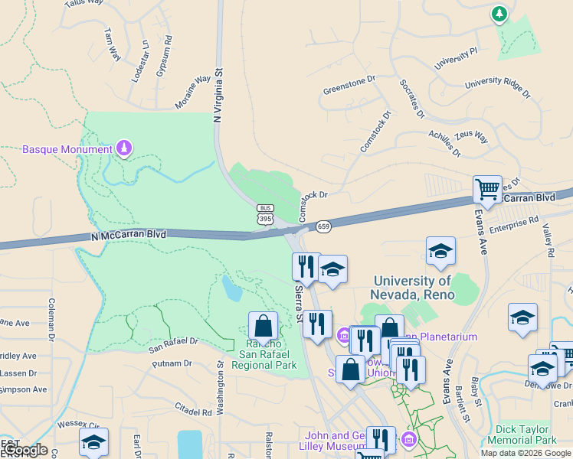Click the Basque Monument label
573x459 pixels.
(x=67, y=148)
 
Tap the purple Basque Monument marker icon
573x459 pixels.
(x=123, y=148)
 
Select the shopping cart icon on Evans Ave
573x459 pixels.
(x=488, y=189)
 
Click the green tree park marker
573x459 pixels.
(x=499, y=14)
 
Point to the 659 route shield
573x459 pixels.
(x=323, y=226)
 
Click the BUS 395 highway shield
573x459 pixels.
(x=265, y=215)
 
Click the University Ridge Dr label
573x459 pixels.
(x=497, y=86)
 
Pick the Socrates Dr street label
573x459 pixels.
(x=411, y=99)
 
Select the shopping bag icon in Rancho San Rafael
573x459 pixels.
(x=263, y=326)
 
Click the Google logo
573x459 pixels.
(x=25, y=451)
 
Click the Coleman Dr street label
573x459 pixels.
(x=52, y=319)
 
